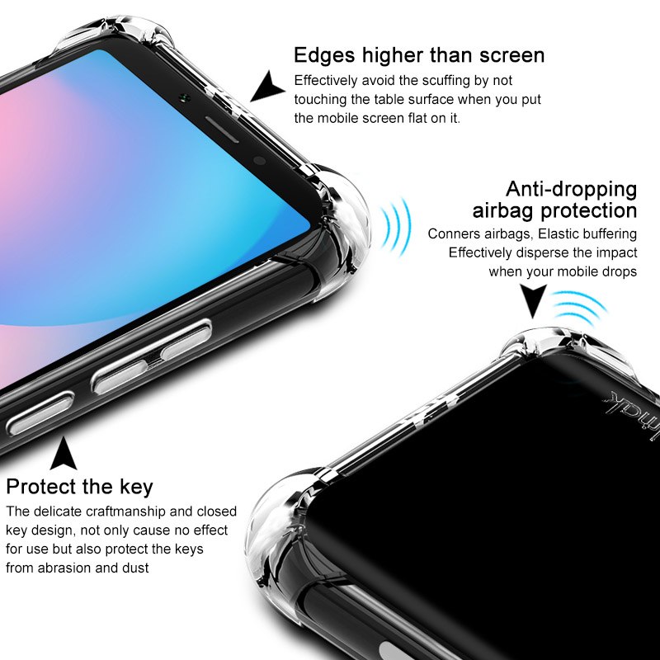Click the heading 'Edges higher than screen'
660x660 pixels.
coord(419,55)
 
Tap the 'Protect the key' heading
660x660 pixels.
coord(79,487)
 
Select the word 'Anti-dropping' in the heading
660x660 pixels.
coord(571,189)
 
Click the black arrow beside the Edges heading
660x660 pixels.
coord(266,87)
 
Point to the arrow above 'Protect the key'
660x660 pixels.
coord(64,454)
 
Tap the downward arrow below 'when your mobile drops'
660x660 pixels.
coord(533,300)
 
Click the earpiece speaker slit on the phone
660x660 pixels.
coord(222,130)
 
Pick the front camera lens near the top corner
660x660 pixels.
coord(184,98)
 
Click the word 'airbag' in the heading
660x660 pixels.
coord(503,211)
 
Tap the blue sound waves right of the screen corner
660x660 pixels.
coord(395,228)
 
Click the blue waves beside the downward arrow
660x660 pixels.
coord(580,307)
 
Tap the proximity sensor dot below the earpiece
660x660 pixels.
coord(260,160)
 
